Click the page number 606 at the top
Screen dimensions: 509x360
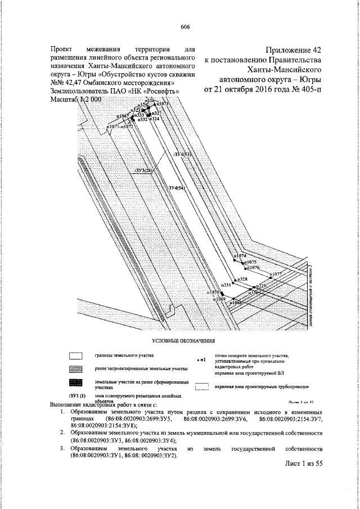pos(185,27)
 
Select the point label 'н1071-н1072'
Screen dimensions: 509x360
pos(120,127)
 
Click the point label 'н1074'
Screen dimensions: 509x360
pos(240,256)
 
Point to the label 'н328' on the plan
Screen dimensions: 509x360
pos(243,279)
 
